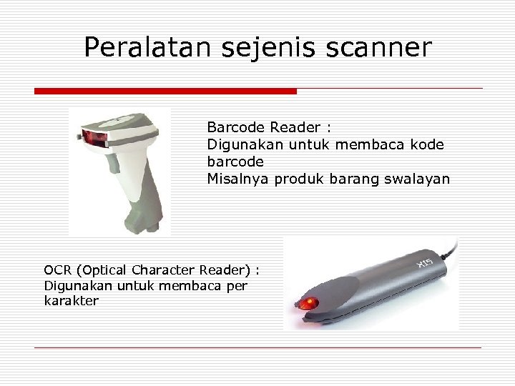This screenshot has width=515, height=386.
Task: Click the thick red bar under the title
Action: click(x=165, y=91)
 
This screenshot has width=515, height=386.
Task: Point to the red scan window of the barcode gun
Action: click(x=92, y=137)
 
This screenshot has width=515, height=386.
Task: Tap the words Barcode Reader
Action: click(x=264, y=127)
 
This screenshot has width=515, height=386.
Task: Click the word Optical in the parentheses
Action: click(x=104, y=270)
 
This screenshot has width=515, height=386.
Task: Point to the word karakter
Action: click(x=71, y=301)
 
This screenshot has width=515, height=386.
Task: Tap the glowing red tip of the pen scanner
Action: click(x=306, y=303)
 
